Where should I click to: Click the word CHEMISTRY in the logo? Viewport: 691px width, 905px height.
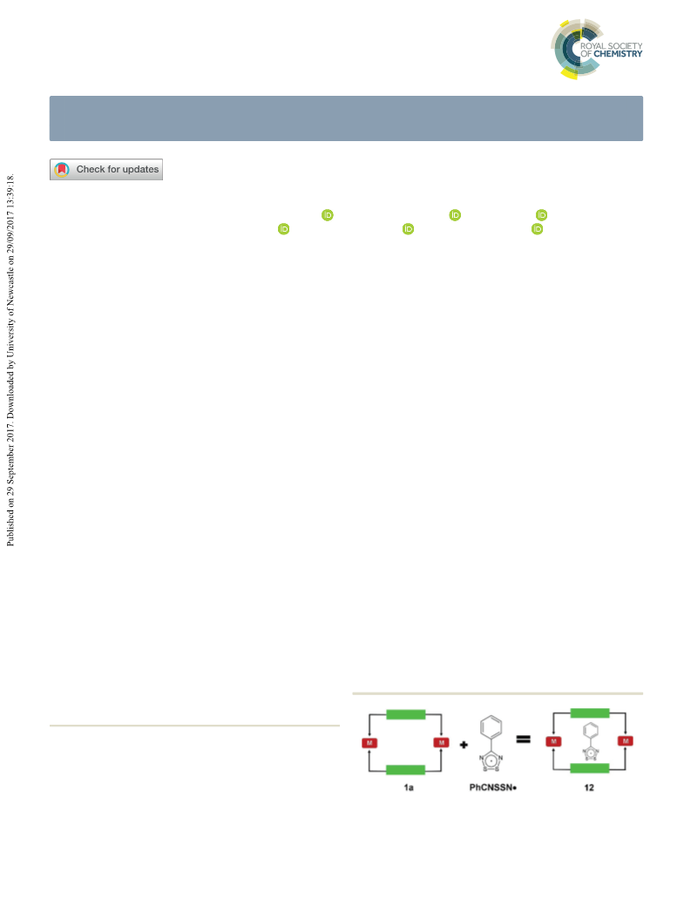618,54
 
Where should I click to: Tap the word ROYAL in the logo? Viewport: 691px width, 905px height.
593,45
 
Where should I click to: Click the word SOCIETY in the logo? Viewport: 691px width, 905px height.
625,45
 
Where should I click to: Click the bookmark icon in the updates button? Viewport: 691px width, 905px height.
62,169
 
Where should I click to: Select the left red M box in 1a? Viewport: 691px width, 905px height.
369,743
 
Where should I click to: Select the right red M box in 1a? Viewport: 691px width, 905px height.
441,743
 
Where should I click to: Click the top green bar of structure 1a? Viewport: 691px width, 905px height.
406,714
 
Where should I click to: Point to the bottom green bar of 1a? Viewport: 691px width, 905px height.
406,769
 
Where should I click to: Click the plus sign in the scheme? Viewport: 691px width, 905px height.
464,745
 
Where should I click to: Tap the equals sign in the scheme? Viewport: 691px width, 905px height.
523,739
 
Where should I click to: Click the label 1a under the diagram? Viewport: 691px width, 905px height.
409,787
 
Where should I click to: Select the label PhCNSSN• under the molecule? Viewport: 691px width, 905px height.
493,787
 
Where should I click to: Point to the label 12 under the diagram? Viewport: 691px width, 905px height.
589,787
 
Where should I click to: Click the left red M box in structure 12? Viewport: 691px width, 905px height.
553,741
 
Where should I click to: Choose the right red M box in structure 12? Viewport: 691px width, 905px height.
625,741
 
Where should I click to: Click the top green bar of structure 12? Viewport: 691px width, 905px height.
590,713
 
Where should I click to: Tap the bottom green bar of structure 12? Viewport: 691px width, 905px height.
590,767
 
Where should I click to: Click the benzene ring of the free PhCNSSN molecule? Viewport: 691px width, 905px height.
491,726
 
